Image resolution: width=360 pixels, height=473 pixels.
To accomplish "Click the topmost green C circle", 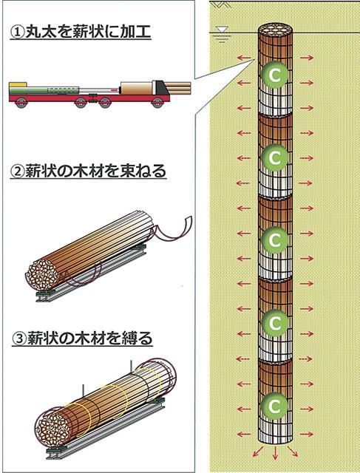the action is (x=274, y=75).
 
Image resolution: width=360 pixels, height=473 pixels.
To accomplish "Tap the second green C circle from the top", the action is (x=274, y=157).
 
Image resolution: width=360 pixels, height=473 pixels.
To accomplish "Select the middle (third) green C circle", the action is (x=274, y=240).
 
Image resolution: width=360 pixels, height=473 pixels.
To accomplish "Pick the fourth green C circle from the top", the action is (x=274, y=323).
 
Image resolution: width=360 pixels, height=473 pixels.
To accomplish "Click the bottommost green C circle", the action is (x=274, y=406).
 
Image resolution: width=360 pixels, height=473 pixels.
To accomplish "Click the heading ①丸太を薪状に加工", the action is (x=81, y=33).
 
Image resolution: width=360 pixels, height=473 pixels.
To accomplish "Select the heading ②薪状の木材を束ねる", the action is (x=88, y=171).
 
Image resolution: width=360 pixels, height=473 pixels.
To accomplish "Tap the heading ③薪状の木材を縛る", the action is (x=82, y=338).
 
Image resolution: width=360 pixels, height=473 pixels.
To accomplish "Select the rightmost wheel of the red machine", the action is (x=157, y=102).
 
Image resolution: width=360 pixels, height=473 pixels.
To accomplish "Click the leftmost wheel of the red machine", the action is (x=21, y=102).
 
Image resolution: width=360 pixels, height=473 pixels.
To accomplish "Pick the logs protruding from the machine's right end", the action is (x=179, y=88).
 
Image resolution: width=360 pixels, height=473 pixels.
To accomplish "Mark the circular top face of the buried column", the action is (x=276, y=30).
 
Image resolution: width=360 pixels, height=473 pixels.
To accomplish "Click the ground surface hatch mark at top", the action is (x=222, y=4).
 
